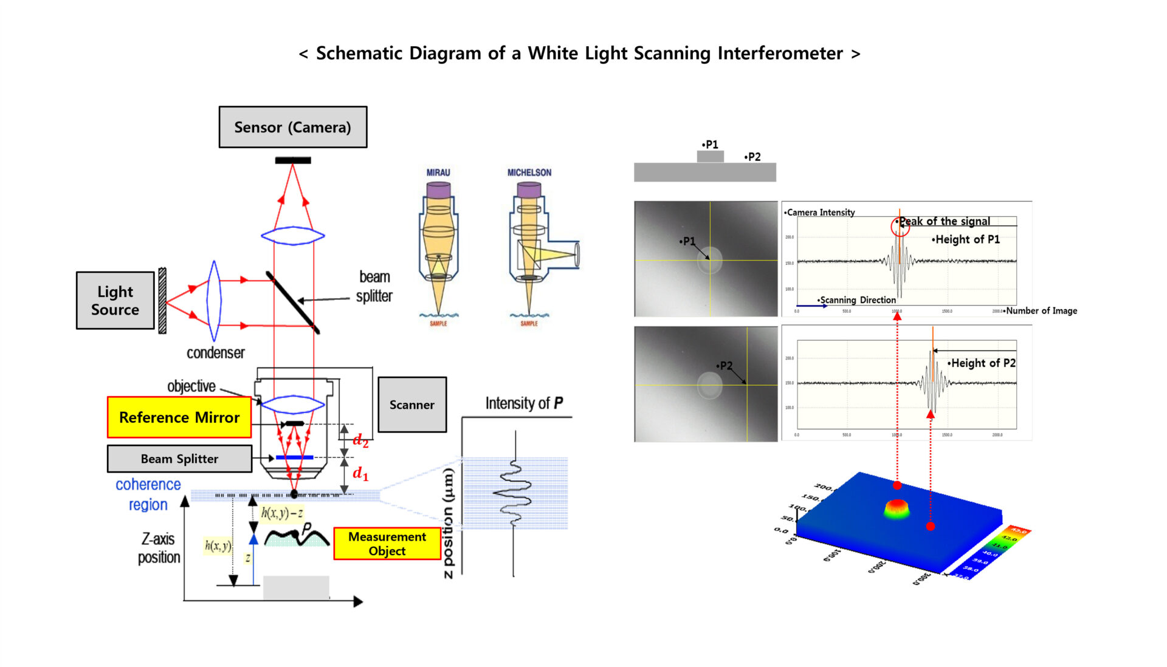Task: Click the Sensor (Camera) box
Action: pos(292,127)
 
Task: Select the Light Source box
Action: pos(115,300)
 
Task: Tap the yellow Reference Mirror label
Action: pos(179,417)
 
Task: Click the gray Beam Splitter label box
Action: pos(179,459)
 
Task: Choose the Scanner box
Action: pos(411,405)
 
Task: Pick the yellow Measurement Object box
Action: pos(387,544)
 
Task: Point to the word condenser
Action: pos(215,353)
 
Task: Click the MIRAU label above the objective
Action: pos(438,173)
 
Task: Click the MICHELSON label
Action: pos(529,173)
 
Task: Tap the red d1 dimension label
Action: pos(360,473)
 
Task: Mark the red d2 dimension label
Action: pos(360,440)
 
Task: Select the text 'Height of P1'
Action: pos(967,239)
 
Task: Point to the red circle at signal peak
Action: pos(900,227)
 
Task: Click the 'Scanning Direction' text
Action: pos(857,300)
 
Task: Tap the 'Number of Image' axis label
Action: pos(1041,311)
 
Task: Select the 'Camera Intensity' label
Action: pos(820,213)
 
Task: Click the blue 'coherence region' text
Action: pos(148,494)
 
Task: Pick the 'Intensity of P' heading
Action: pos(524,403)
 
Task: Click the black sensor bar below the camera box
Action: pos(292,160)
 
